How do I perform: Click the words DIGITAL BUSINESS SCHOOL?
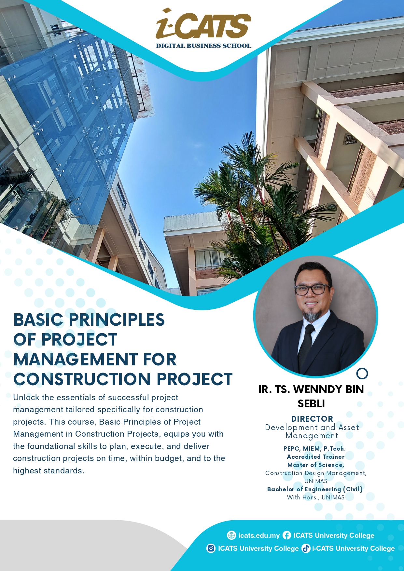click(203, 46)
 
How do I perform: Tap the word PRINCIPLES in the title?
click(117, 320)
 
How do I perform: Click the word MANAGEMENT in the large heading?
click(76, 360)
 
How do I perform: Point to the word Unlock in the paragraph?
click(26, 398)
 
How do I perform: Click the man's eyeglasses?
click(312, 289)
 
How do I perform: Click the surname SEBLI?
click(311, 404)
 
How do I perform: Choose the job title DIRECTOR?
click(312, 419)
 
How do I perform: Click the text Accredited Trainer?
click(315, 457)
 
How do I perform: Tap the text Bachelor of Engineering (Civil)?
click(315, 489)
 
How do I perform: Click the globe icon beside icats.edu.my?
click(231, 535)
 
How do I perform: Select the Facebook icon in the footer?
click(287, 535)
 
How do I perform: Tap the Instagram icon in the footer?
click(211, 548)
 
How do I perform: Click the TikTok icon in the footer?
click(306, 548)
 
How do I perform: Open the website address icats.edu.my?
click(259, 536)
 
